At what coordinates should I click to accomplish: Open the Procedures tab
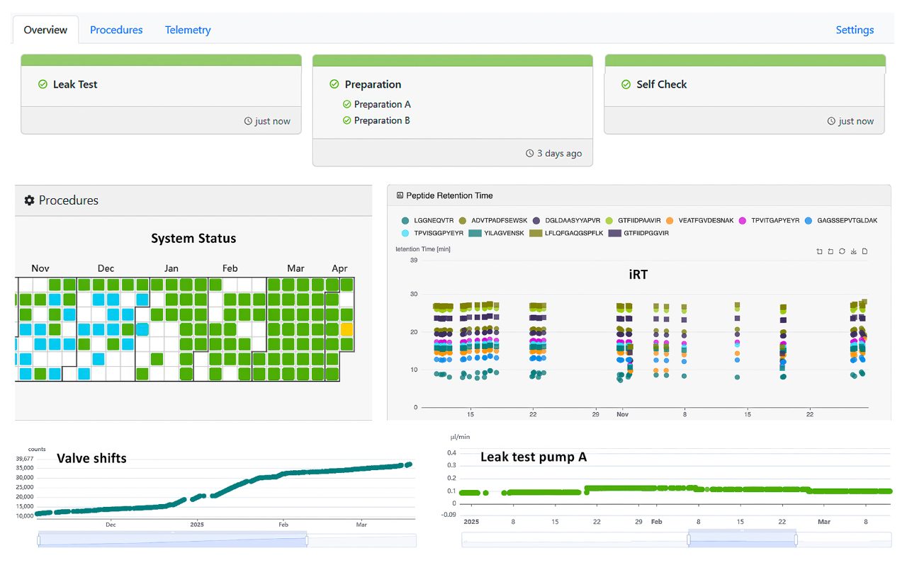pos(116,30)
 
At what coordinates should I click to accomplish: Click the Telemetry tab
pos(188,30)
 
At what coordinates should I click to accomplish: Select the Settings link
pos(855,30)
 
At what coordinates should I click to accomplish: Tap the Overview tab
pos(45,30)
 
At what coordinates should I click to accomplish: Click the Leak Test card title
pos(75,84)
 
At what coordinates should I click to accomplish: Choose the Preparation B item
pos(382,120)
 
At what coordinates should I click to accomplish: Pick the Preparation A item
pos(382,104)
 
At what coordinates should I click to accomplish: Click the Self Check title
pos(661,84)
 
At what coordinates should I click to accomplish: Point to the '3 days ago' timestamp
pos(559,153)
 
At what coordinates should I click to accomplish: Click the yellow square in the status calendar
pos(347,329)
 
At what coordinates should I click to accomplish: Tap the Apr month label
pos(339,268)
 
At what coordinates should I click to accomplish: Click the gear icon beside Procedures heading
pos(29,200)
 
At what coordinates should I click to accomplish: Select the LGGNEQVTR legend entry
pos(433,220)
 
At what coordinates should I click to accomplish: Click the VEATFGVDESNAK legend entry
pos(706,220)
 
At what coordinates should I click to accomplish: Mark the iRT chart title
pos(638,275)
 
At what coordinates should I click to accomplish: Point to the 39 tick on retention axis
pos(413,261)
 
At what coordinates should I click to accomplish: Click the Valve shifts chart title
pos(91,458)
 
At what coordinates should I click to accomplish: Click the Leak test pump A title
pos(533,457)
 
